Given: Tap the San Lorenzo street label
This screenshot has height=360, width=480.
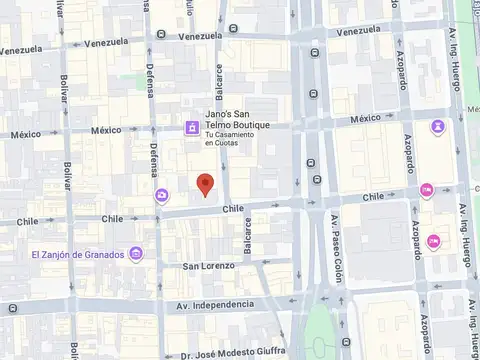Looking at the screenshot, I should tap(208, 266).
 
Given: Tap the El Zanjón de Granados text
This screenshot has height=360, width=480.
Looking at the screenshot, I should tap(77, 254).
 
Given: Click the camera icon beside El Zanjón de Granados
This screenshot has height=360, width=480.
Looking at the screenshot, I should tap(136, 254).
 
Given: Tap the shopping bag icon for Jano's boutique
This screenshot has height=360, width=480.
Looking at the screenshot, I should tap(190, 127).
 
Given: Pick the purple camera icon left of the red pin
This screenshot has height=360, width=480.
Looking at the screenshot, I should tap(161, 195).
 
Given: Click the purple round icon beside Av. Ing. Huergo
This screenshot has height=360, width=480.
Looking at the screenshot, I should tap(438, 127).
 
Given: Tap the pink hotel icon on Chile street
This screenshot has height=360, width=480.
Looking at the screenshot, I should tap(427, 190).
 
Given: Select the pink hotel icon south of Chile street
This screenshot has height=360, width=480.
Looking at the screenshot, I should tap(433, 241).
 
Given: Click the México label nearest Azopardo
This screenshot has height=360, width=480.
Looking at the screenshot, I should tap(372, 119).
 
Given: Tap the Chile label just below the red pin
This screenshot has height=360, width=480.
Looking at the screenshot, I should tap(233, 209).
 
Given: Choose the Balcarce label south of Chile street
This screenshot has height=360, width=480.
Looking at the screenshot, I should tap(248, 236).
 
